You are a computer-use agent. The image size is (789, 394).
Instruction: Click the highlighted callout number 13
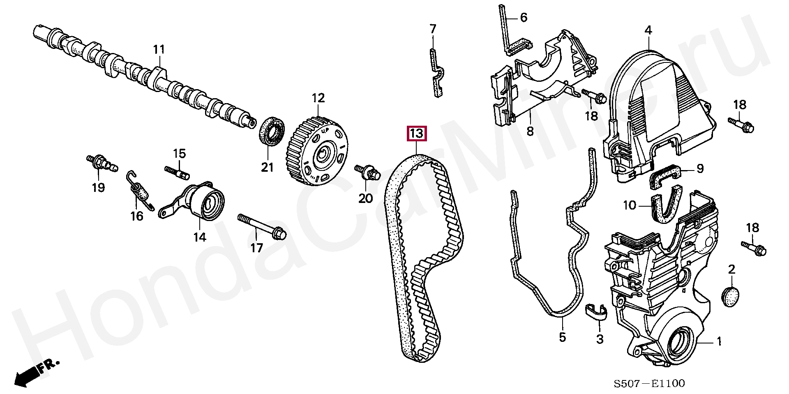click(x=417, y=134)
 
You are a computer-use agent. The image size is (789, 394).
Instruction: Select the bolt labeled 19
click(x=101, y=163)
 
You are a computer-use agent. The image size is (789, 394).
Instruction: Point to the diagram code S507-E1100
click(x=649, y=384)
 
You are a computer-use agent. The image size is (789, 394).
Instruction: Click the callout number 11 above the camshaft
click(x=159, y=50)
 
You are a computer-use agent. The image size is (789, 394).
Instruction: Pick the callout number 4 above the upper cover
click(x=648, y=30)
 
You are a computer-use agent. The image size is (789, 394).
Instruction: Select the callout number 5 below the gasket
click(x=562, y=337)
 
